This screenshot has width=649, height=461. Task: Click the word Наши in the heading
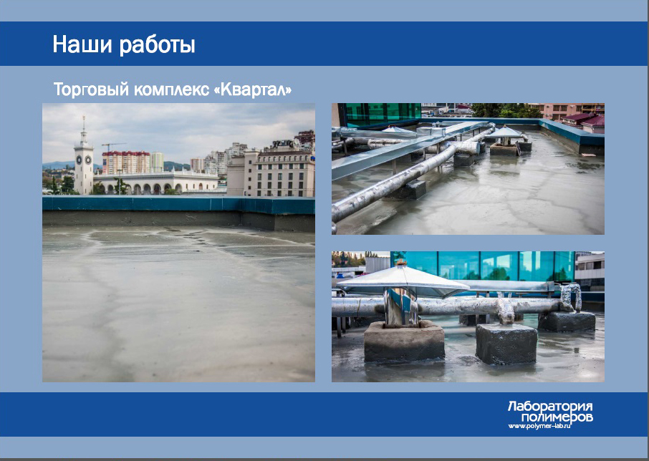[x=82, y=44]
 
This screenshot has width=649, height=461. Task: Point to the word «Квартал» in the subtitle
[x=252, y=89]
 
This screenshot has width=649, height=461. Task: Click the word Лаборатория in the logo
[x=550, y=406]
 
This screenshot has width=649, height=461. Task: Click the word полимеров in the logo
[x=557, y=417]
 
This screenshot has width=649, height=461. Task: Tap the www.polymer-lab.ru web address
[x=539, y=426]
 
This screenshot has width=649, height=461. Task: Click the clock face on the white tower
[x=79, y=160]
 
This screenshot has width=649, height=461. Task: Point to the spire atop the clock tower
[x=84, y=124]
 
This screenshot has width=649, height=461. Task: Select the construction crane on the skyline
[x=112, y=146]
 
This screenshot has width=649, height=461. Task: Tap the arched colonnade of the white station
[x=155, y=188]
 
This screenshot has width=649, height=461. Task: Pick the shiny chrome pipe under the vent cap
[x=400, y=307]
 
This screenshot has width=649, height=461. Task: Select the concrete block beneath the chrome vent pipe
[x=405, y=341]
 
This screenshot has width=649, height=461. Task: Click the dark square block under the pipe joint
[x=506, y=344]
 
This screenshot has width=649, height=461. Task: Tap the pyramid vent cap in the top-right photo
[x=505, y=132]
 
